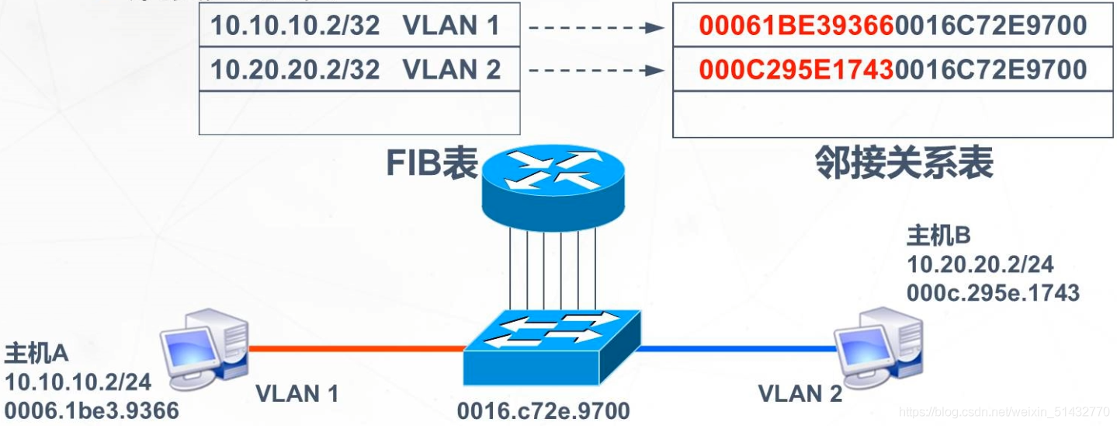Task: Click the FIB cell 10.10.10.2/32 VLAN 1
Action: point(359,26)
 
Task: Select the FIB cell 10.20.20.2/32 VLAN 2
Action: point(359,70)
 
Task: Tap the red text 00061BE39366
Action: point(796,26)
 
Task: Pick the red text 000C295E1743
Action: point(796,70)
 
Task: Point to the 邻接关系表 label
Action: point(904,164)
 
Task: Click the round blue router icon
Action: point(552,183)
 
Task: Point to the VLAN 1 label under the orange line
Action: point(297,394)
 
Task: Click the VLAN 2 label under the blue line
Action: point(800,394)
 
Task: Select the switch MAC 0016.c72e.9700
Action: point(543,410)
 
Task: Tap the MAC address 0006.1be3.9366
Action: point(92,410)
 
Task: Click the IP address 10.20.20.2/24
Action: point(980,264)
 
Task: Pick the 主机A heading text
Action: point(36,354)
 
